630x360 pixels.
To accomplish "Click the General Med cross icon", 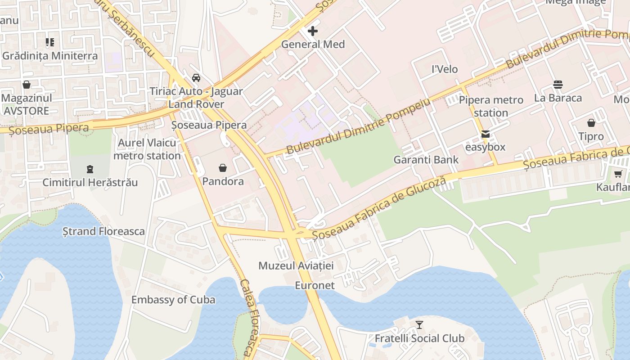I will tap(312, 31).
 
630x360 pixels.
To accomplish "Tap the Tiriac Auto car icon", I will tap(196, 77).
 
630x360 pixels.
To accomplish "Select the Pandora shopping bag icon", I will tap(223, 168).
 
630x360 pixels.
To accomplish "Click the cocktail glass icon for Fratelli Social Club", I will tap(419, 324).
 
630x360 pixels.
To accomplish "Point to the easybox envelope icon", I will tap(486, 134).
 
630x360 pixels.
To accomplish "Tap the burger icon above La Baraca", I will tap(558, 85).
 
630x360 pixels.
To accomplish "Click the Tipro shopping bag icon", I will tap(591, 123).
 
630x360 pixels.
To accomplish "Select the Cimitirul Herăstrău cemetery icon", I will tap(90, 169).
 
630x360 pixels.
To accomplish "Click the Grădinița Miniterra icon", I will tap(49, 43).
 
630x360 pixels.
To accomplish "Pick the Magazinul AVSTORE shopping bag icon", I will tap(27, 85).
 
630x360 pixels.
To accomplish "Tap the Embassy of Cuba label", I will tap(173, 300).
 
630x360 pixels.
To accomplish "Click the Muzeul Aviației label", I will tap(296, 266).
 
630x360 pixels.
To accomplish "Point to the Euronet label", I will tap(315, 285).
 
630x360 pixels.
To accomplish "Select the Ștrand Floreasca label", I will tap(103, 231).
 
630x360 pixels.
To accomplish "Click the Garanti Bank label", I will tap(426, 160).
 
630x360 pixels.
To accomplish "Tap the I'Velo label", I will tap(445, 69).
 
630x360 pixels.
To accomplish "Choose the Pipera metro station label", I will tap(491, 106).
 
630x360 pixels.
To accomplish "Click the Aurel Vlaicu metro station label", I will tap(147, 149).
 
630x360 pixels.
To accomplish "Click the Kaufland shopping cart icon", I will tap(618, 174).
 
